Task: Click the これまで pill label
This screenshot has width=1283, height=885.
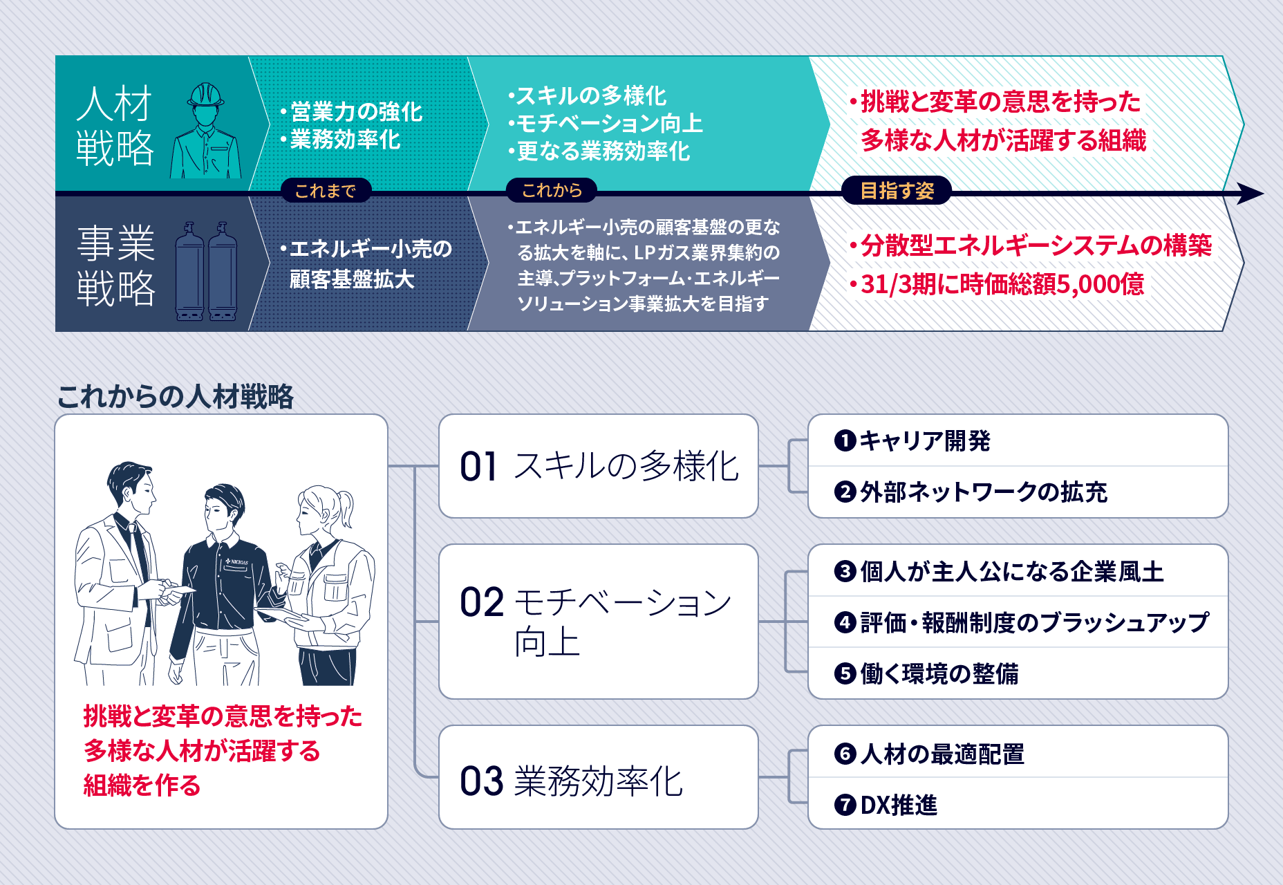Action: [x=326, y=190]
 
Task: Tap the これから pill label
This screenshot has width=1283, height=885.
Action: [x=552, y=190]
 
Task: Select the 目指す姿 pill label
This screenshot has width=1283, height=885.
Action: [x=897, y=190]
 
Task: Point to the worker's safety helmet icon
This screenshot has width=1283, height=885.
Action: [x=205, y=95]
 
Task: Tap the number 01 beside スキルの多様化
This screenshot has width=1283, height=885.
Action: [x=478, y=467]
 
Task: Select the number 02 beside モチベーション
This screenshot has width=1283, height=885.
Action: [x=482, y=603]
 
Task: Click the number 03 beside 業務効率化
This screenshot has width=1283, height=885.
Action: [x=482, y=782]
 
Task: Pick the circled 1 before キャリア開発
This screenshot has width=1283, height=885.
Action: [x=845, y=440]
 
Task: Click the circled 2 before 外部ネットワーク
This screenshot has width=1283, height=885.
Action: [x=845, y=492]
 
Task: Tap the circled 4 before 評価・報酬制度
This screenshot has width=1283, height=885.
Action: [x=845, y=622]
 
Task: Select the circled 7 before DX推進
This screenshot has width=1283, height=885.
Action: [x=845, y=805]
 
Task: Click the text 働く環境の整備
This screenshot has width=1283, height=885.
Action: [x=939, y=673]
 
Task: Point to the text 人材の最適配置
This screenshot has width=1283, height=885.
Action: [x=942, y=754]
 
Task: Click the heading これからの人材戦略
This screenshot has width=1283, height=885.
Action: [x=176, y=397]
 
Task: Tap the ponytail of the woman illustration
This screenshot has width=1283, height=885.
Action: [x=346, y=508]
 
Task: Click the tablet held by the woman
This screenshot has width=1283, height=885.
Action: [x=280, y=614]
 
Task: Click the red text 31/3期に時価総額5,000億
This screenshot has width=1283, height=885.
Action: [x=1002, y=284]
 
